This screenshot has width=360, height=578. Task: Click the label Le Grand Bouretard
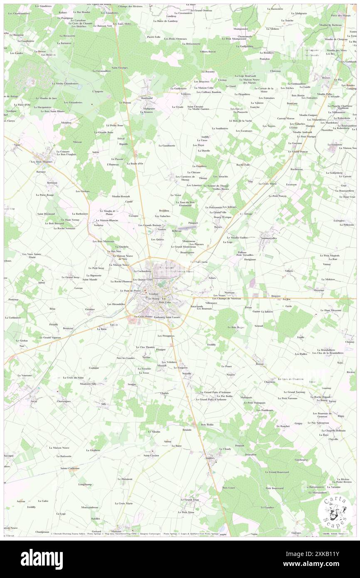tap(278, 472)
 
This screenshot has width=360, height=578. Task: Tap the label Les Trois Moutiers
tap(41, 161)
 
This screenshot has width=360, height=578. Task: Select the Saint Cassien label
tap(151, 455)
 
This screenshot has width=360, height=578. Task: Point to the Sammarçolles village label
tap(268, 238)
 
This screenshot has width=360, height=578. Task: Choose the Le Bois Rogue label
tap(236, 327)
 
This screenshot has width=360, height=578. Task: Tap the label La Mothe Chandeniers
tap(65, 83)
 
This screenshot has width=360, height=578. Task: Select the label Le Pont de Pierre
tap(131, 290)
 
